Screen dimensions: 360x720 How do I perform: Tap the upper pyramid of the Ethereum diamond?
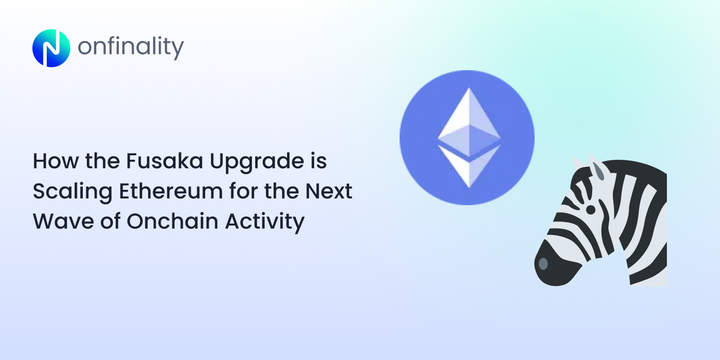466,121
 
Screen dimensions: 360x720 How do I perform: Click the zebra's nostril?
543,264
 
